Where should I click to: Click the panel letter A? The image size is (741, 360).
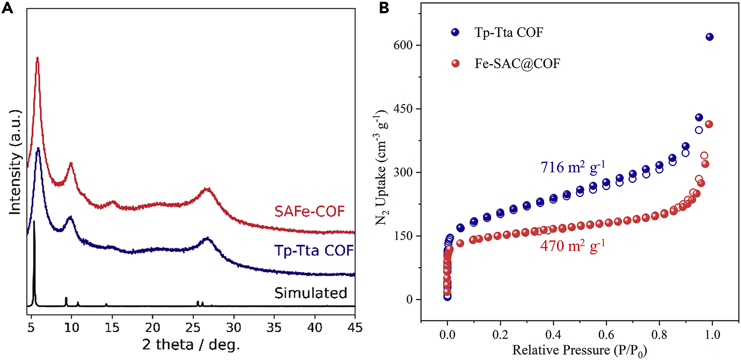point(7,7)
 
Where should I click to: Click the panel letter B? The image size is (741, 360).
point(384,7)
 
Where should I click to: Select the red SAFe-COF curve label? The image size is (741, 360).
point(309,211)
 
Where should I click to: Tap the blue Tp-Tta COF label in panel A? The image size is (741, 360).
point(314,251)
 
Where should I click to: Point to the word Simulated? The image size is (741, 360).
point(310,293)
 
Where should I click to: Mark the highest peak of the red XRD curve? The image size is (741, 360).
point(37,58)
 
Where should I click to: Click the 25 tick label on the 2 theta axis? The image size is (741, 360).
point(193,327)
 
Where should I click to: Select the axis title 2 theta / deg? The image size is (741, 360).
point(191,345)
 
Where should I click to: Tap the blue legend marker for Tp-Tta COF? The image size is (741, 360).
point(455,32)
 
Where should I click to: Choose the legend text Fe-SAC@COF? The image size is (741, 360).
point(517,63)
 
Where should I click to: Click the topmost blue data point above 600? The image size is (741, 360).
point(709,37)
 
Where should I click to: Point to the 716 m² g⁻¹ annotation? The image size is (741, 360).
point(573,167)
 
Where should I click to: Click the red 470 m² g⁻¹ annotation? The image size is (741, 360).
point(573,246)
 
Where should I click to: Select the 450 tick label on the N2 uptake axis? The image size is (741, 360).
point(403,109)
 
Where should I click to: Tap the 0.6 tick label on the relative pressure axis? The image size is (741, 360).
point(606,335)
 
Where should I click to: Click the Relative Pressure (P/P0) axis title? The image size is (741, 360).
point(579,351)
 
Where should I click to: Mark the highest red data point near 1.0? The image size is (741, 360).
point(709,125)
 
